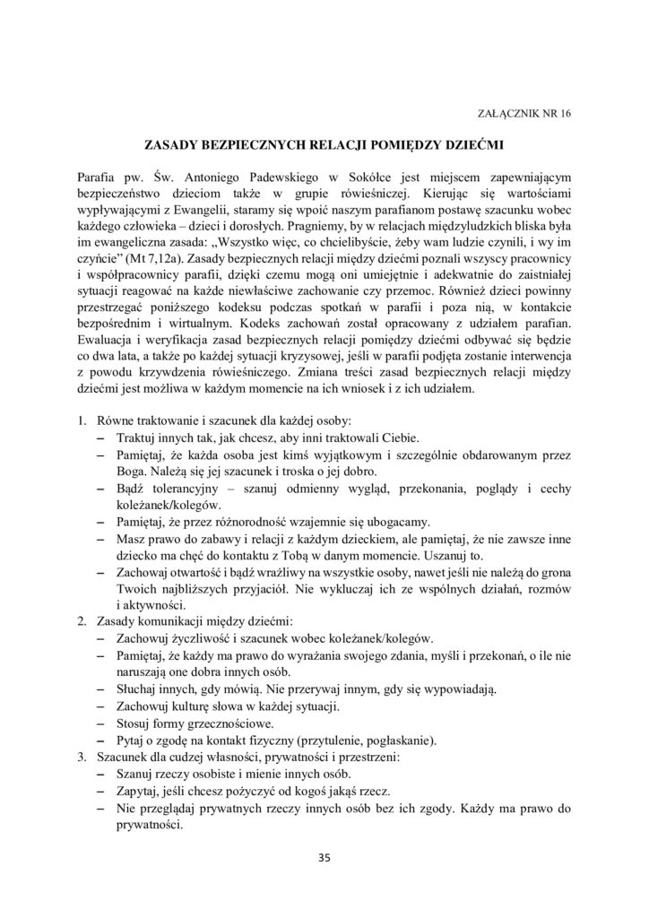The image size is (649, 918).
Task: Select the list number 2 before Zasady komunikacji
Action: pyautogui.click(x=82, y=621)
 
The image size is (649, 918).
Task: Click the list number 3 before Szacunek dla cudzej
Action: pyautogui.click(x=82, y=757)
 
